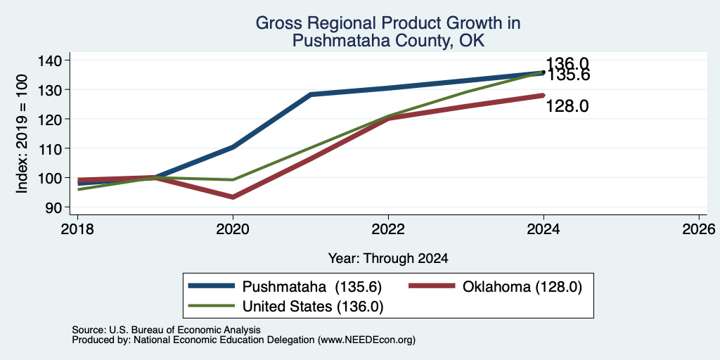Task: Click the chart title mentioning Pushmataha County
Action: (x=388, y=32)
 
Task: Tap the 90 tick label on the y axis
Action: (x=54, y=207)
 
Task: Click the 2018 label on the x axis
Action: (x=77, y=229)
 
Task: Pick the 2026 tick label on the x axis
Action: (x=699, y=229)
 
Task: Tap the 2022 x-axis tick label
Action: (x=388, y=229)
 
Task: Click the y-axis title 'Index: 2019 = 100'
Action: (x=22, y=134)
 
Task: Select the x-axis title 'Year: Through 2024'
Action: (x=388, y=259)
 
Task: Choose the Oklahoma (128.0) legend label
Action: (x=522, y=287)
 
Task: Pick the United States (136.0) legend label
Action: (x=313, y=307)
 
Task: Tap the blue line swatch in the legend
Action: (x=212, y=286)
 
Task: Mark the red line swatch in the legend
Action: (x=432, y=286)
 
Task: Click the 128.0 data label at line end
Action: (x=567, y=107)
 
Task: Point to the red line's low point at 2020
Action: (x=233, y=197)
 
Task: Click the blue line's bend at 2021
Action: (x=310, y=94)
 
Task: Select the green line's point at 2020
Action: (x=233, y=179)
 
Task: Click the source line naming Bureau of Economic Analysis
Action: (x=166, y=330)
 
